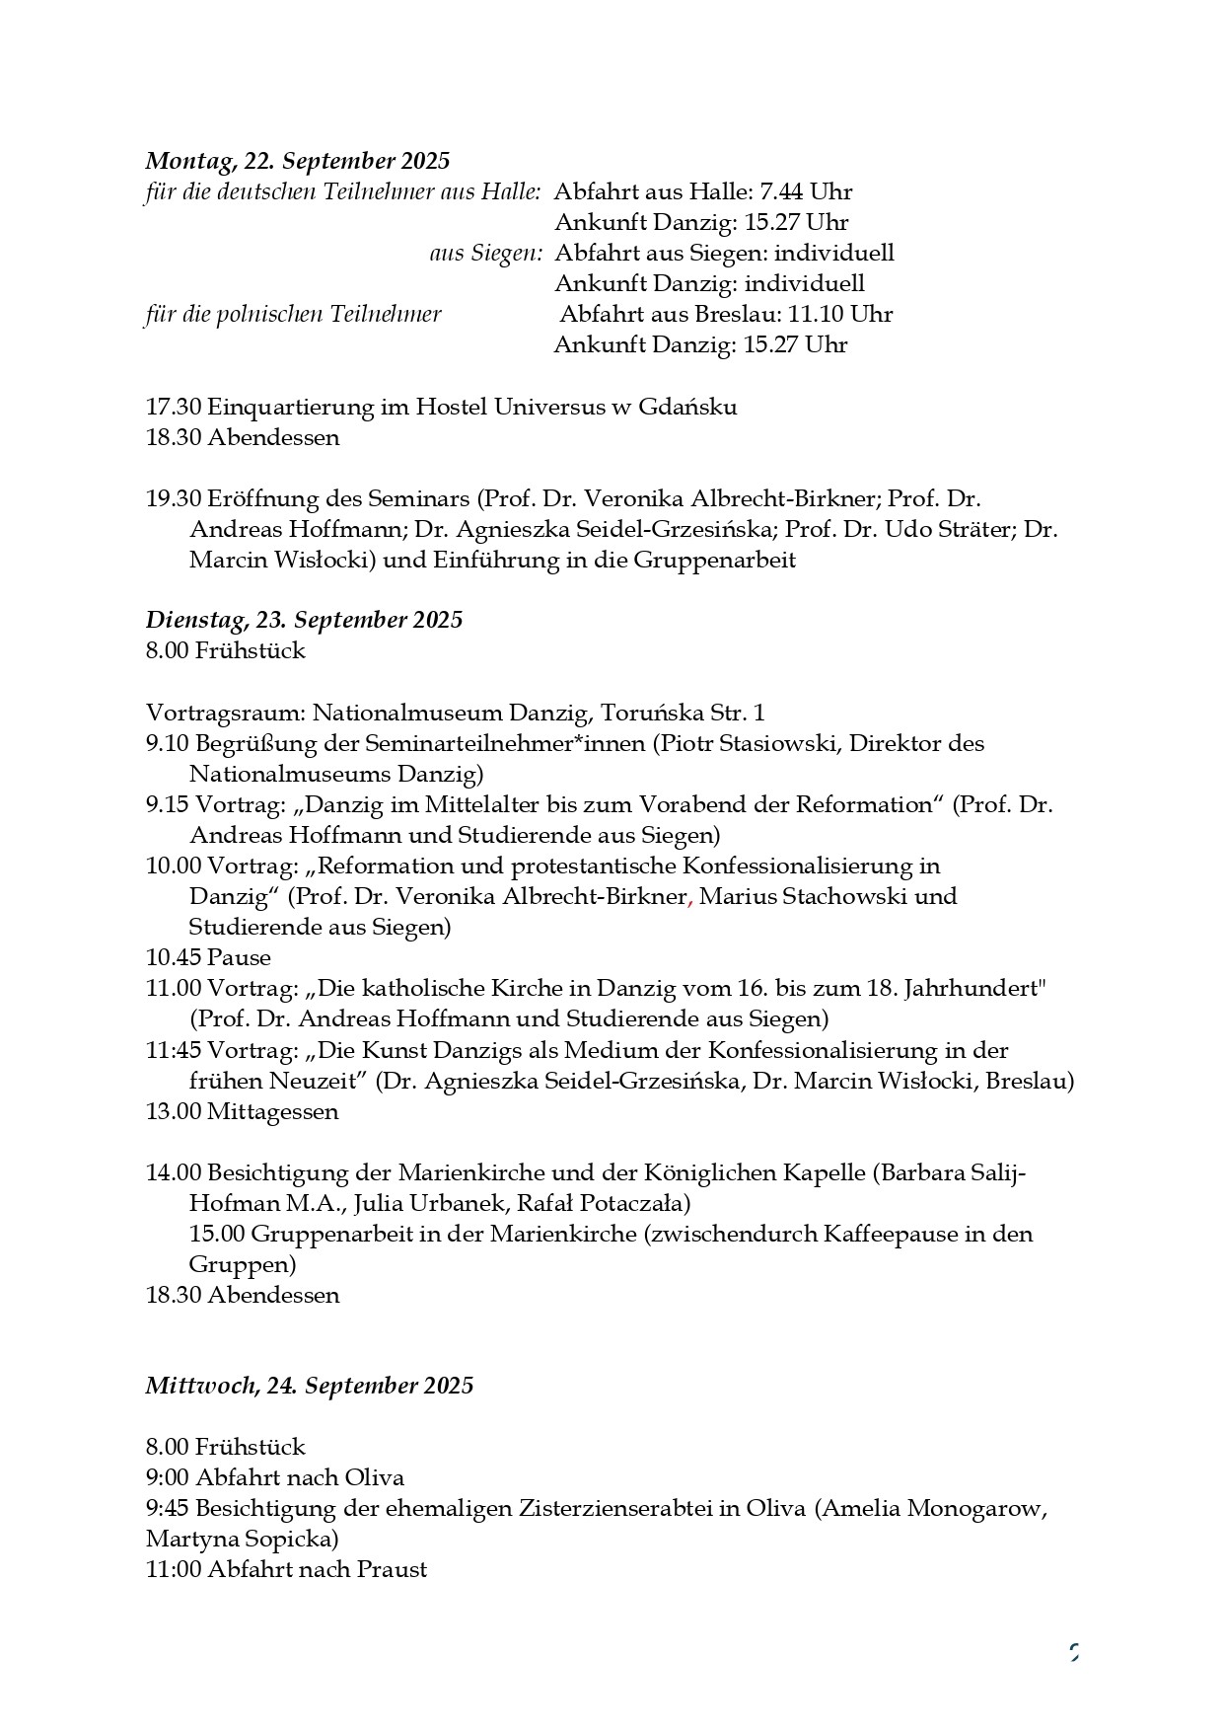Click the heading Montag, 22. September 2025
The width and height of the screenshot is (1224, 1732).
click(x=297, y=161)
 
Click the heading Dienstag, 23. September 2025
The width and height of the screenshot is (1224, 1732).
click(x=304, y=620)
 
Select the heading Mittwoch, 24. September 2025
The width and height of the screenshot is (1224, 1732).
click(x=310, y=1386)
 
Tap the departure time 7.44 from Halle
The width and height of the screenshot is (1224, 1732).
click(x=781, y=191)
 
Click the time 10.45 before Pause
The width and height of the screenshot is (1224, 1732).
click(x=174, y=957)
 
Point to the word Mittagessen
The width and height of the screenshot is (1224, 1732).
click(x=272, y=1111)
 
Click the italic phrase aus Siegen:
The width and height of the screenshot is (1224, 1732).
click(x=486, y=254)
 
